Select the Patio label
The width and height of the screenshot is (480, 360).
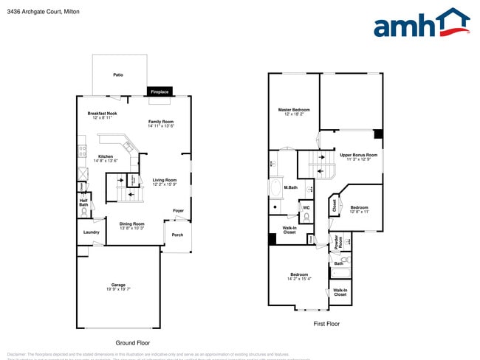pyautogui.click(x=118, y=75)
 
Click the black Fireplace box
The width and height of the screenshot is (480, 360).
pyautogui.click(x=160, y=91)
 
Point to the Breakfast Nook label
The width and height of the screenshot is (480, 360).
pyautogui.click(x=102, y=114)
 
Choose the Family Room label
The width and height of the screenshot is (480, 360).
pyautogui.click(x=161, y=122)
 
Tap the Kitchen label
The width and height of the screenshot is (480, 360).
pyautogui.click(x=106, y=156)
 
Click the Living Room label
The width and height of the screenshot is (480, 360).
pyautogui.click(x=165, y=180)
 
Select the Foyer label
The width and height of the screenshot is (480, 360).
pyautogui.click(x=178, y=210)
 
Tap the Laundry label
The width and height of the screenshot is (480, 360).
pyautogui.click(x=92, y=232)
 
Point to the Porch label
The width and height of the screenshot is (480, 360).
pyautogui.click(x=177, y=235)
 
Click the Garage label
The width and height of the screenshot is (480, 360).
pyautogui.click(x=118, y=285)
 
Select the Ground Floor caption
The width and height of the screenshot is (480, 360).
pyautogui.click(x=133, y=343)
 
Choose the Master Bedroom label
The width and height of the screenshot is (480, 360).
pyautogui.click(x=294, y=110)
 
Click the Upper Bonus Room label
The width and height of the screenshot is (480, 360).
pyautogui.click(x=358, y=155)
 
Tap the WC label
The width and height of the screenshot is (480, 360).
pyautogui.click(x=306, y=207)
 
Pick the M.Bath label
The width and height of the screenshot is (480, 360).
pyautogui.click(x=291, y=188)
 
